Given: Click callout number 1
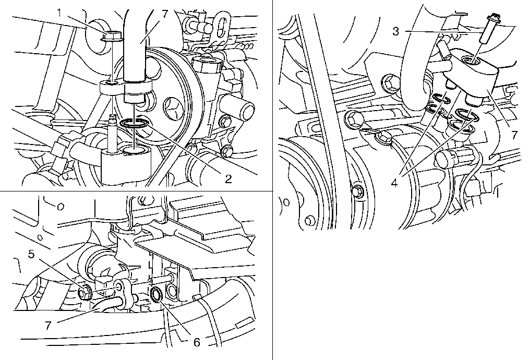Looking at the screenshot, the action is click(59, 14).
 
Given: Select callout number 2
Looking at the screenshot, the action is click(229, 179).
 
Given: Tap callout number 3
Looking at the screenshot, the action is click(396, 31).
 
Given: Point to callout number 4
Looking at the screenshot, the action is click(395, 183).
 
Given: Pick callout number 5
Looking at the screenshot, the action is click(31, 254).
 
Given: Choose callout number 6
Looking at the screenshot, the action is click(197, 342).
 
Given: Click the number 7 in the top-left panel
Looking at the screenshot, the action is click(165, 14).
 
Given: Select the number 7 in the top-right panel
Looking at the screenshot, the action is click(514, 135).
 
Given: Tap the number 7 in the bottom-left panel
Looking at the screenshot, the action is click(48, 326).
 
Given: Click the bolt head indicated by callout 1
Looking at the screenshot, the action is click(112, 36).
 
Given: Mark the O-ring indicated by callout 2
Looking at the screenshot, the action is click(134, 124).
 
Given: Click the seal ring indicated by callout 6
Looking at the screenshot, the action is click(157, 295).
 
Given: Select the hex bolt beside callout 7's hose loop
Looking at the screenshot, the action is click(388, 82).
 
